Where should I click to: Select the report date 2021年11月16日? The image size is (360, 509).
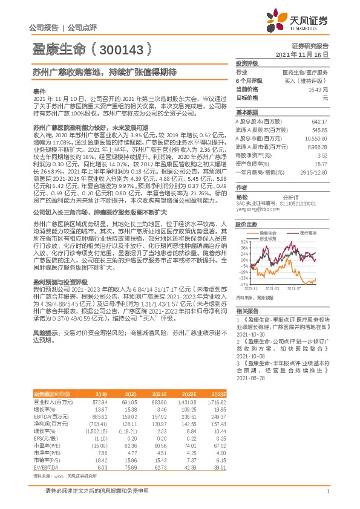tap(306, 54)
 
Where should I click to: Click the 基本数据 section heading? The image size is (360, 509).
tap(246, 112)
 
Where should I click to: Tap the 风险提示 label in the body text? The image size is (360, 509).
tap(47, 332)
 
